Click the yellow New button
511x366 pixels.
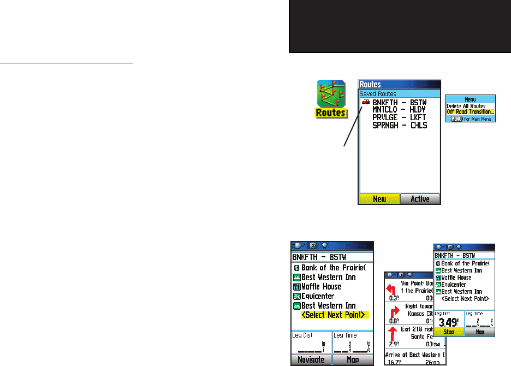click(379, 199)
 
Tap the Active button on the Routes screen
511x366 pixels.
click(420, 199)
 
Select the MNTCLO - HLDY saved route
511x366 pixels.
click(399, 110)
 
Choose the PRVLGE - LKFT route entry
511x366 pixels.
click(399, 117)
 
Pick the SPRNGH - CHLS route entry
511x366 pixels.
click(399, 125)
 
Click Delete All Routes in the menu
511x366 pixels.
click(466, 105)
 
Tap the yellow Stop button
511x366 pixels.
click(449, 332)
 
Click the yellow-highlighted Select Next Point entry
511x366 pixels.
click(335, 315)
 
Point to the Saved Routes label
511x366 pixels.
click(378, 94)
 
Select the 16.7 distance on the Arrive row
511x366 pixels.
click(395, 362)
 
